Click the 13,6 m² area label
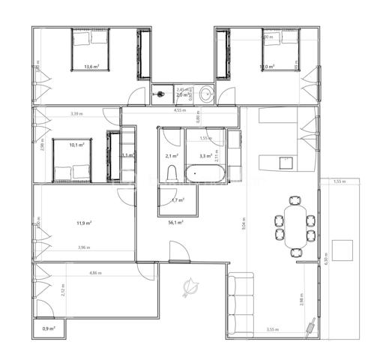click(x=92, y=67)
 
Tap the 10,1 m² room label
click(x=76, y=145)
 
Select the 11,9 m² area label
click(x=84, y=222)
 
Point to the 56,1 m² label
click(x=176, y=222)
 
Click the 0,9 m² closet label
click(x=49, y=328)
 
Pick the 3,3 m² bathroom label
click(x=205, y=156)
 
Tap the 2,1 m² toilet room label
click(x=171, y=156)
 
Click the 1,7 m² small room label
click(x=178, y=200)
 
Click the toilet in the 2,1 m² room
click(x=171, y=175)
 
